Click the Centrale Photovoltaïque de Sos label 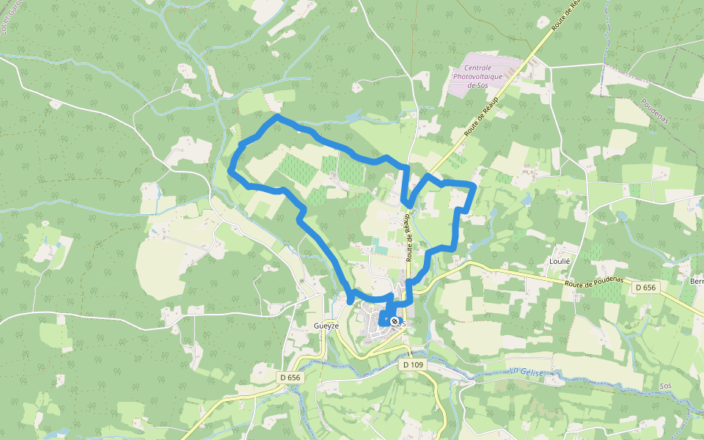tap(483, 76)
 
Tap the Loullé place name tap(560, 261)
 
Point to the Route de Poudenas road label tap(594, 281)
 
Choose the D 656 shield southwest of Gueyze tap(290, 377)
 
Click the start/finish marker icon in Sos tap(395, 321)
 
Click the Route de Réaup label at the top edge tap(565, 14)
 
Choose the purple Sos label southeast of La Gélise tap(666, 386)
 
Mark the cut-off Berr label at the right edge tap(696, 282)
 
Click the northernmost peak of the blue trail tap(276, 117)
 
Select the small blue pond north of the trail tap(353, 116)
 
